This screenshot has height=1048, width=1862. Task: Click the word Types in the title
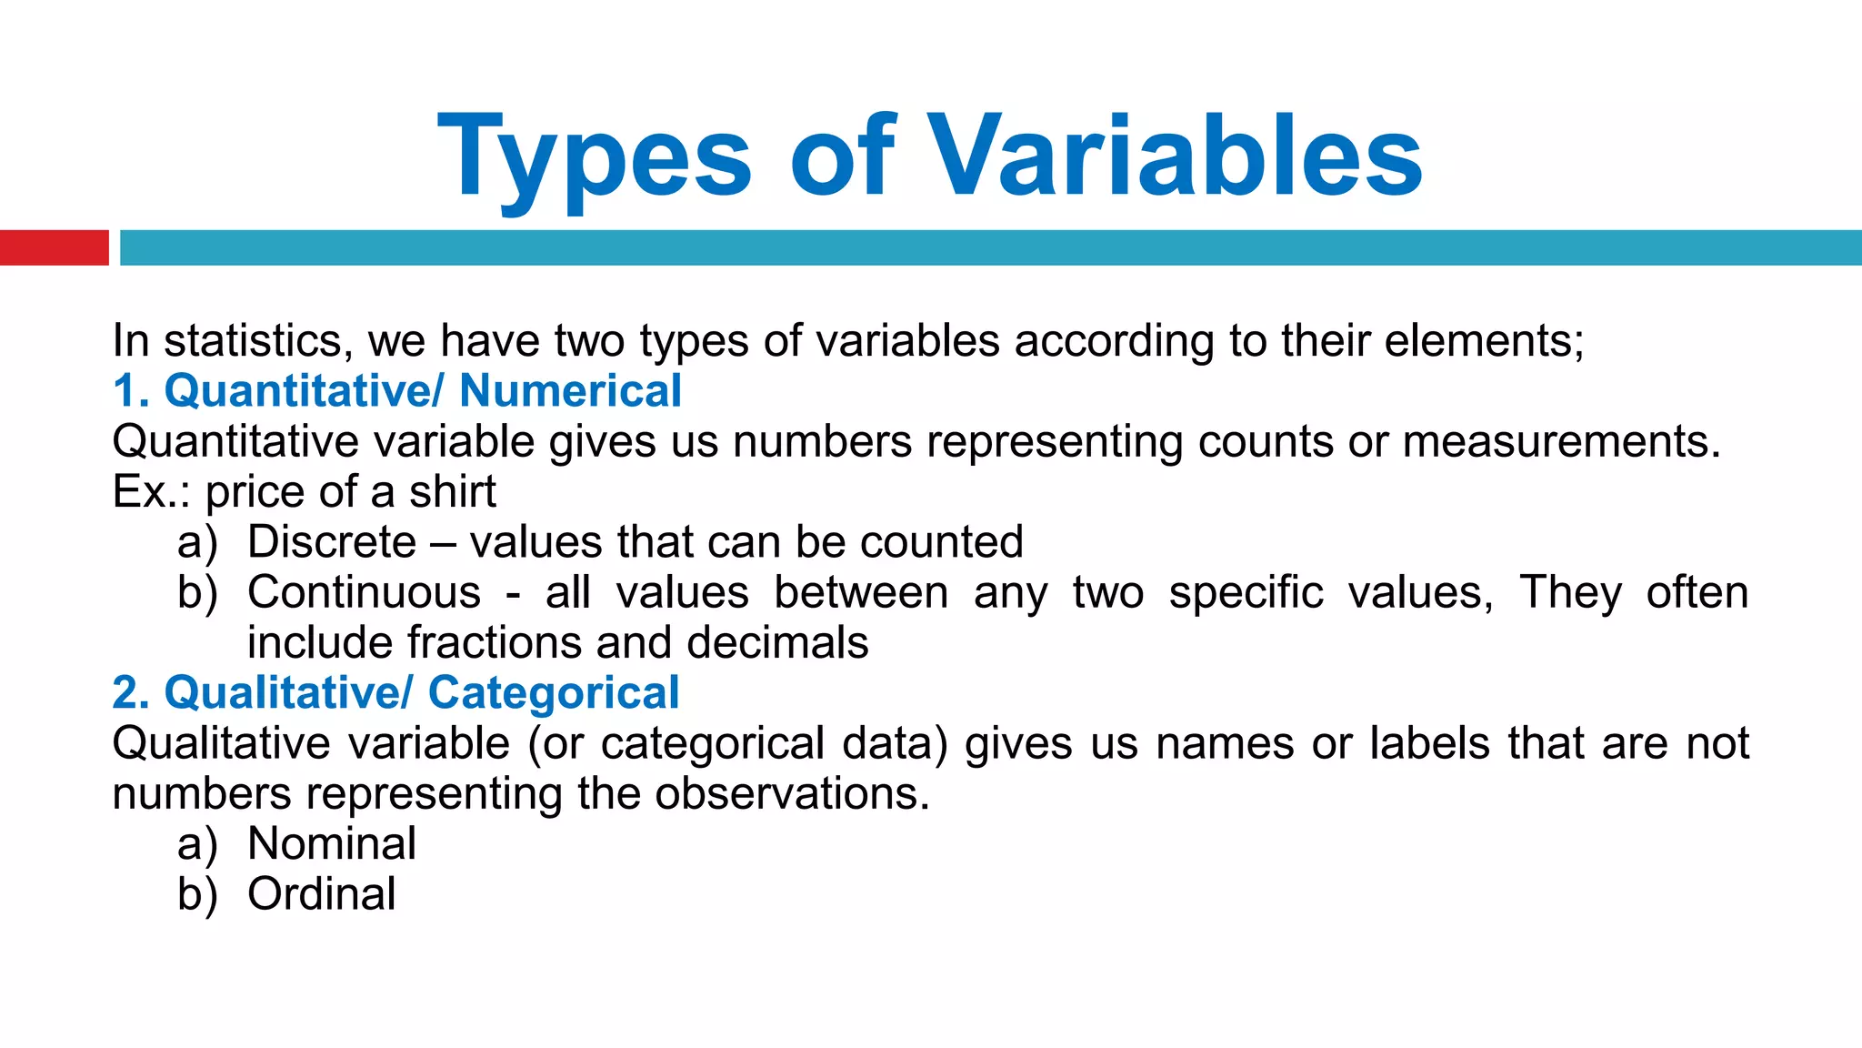(596, 156)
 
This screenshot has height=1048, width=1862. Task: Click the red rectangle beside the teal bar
(54, 247)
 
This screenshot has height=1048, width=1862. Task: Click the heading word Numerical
(570, 391)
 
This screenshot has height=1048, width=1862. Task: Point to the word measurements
(1561, 441)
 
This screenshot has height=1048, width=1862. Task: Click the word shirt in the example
(452, 492)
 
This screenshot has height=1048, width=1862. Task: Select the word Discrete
(332, 542)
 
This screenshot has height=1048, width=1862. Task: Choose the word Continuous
(364, 592)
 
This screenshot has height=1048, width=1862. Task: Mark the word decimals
(777, 642)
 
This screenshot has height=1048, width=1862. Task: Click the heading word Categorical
(554, 693)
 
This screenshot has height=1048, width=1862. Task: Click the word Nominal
(332, 843)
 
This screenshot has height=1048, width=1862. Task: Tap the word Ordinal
(322, 893)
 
